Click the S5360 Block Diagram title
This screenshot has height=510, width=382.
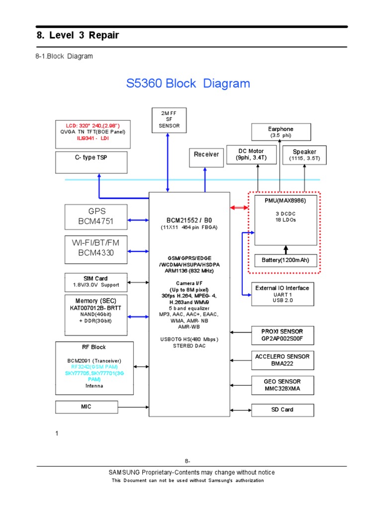pyautogui.click(x=188, y=83)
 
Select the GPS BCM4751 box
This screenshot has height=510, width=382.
pyautogui.click(x=96, y=216)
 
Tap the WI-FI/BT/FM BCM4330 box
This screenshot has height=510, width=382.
pyautogui.click(x=96, y=248)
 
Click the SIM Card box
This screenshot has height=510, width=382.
pyautogui.click(x=96, y=282)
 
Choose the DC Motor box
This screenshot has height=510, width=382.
pyautogui.click(x=250, y=154)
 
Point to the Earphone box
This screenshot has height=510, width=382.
pyautogui.click(x=281, y=132)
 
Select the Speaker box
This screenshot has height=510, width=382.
pyautogui.click(x=304, y=155)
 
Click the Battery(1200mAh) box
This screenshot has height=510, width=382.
pyautogui.click(x=286, y=260)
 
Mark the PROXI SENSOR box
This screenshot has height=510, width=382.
pyautogui.click(x=282, y=335)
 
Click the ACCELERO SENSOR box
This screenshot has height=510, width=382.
pyautogui.click(x=282, y=360)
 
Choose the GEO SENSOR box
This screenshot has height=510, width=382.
pyautogui.click(x=282, y=385)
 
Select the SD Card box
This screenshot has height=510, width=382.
pyautogui.click(x=282, y=410)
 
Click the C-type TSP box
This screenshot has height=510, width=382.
pyautogui.click(x=91, y=162)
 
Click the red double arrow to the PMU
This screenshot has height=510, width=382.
pyautogui.click(x=239, y=207)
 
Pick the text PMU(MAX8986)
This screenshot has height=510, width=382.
pyautogui.click(x=286, y=200)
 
